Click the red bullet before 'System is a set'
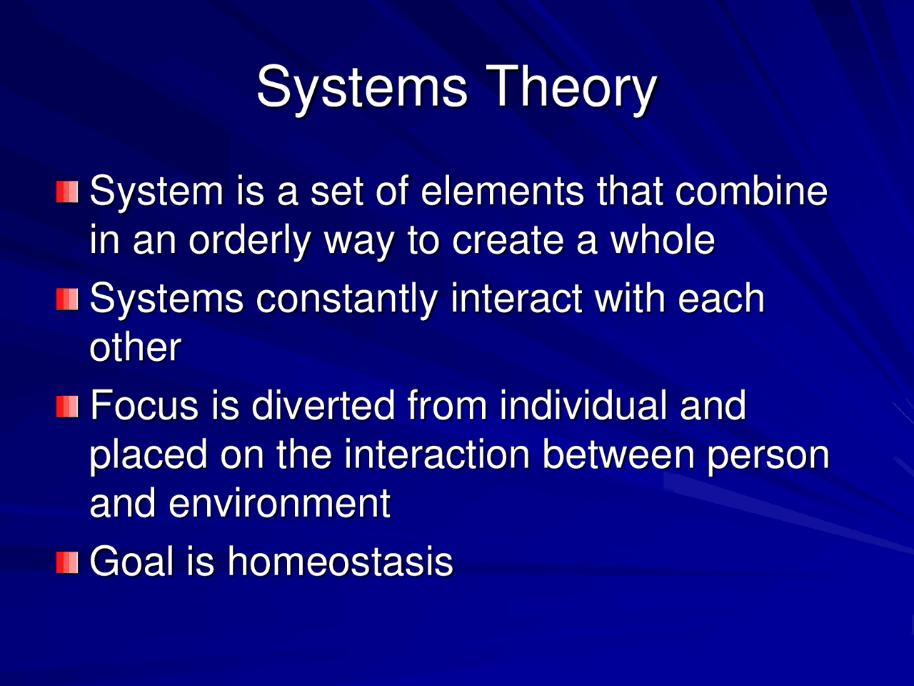tap(67, 192)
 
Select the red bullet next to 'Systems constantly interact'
tap(67, 299)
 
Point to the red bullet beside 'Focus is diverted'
tap(67, 407)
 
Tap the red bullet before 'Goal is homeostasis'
tap(67, 562)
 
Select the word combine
tap(751, 192)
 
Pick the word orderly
tap(249, 242)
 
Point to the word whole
tap(661, 240)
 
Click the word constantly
tap(346, 299)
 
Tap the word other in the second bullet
tap(135, 348)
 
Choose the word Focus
tap(146, 406)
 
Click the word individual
tap(583, 406)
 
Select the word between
tap(618, 454)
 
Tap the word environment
tap(279, 503)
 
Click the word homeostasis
tap(340, 562)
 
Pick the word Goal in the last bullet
tap(132, 562)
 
